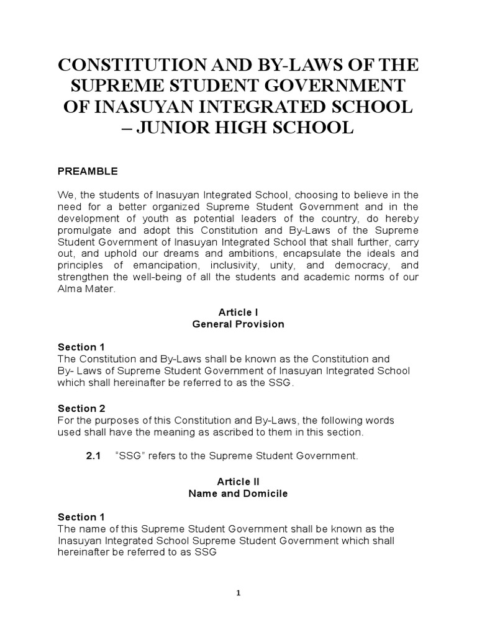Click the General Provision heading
tap(238, 324)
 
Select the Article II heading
tap(238, 481)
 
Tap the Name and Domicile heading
tap(238, 494)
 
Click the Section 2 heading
tap(81, 408)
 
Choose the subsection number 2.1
tap(93, 456)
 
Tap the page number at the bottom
tap(238, 593)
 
